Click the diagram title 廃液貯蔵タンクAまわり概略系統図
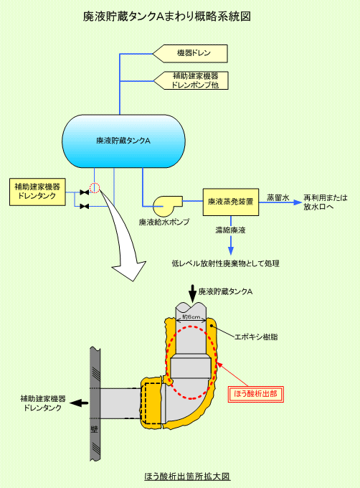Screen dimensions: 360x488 coord(166,17)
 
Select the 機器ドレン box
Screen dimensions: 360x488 coord(190,54)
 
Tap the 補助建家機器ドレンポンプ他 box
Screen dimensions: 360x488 coord(191,80)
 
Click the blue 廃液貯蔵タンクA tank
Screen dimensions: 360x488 coord(124,141)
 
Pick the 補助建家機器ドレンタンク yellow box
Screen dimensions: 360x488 coord(37,192)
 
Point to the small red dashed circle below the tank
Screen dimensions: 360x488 coord(95,188)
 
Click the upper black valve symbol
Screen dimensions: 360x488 coord(84,192)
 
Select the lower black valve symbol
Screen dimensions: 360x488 coord(84,206)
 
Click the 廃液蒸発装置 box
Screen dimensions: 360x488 coord(231,202)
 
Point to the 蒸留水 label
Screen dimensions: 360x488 coord(278,197)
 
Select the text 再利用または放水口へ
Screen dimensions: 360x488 coord(325,202)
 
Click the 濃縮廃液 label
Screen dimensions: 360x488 coord(231,230)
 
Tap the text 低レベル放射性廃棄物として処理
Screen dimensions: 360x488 coord(226,263)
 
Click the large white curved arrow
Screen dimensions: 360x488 coord(124,239)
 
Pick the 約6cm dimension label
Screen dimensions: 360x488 coord(191,316)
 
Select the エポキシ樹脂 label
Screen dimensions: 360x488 coord(256,337)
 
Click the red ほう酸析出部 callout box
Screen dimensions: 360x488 coord(256,394)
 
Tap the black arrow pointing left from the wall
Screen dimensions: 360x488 coord(80,403)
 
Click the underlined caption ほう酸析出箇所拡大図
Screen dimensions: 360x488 coord(187,477)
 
